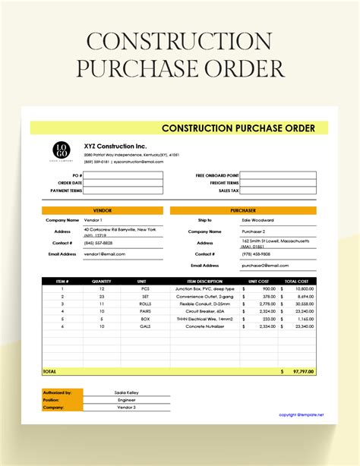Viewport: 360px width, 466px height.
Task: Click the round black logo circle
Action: click(59, 151)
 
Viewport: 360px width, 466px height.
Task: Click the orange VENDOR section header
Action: click(102, 209)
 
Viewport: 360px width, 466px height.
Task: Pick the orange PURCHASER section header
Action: click(242, 209)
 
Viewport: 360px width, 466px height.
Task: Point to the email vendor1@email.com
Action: click(105, 253)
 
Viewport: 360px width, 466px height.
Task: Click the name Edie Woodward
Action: click(256, 220)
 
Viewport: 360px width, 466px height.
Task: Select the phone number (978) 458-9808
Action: click(256, 253)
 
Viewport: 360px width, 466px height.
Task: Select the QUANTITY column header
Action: click(102, 281)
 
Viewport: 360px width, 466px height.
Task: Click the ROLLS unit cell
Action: click(145, 304)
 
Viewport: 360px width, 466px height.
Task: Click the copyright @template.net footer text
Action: click(301, 414)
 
